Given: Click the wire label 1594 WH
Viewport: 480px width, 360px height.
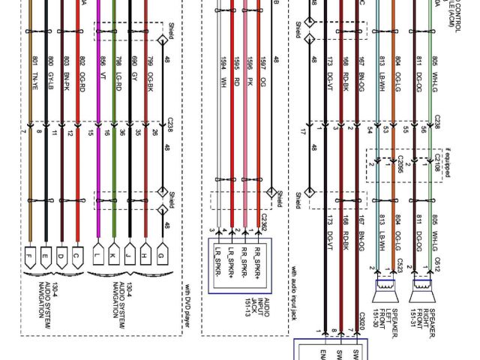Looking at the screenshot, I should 223,69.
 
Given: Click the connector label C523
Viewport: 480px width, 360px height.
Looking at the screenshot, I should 401,265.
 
